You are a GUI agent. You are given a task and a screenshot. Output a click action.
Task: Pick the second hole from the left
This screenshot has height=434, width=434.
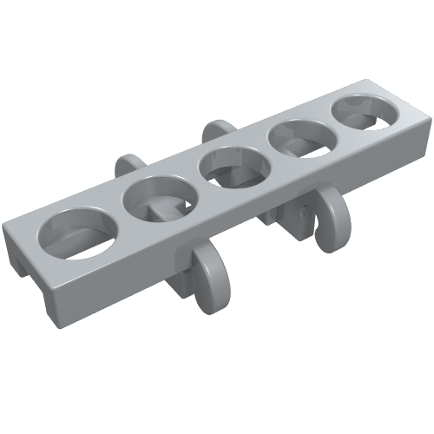[x=156, y=199]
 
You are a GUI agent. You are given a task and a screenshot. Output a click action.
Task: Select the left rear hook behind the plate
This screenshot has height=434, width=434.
[x=129, y=168]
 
